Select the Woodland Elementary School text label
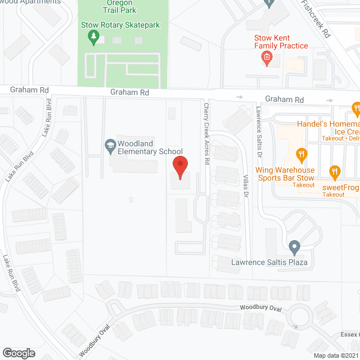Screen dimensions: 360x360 (150, 147)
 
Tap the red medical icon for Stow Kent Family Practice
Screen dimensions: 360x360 (267, 57)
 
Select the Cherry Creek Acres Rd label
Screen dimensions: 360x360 (206, 133)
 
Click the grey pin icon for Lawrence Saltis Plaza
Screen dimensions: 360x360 (294, 246)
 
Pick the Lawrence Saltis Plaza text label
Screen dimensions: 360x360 (271, 262)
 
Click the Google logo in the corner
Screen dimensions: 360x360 (19, 353)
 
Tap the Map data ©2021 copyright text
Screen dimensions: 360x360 (336, 355)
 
